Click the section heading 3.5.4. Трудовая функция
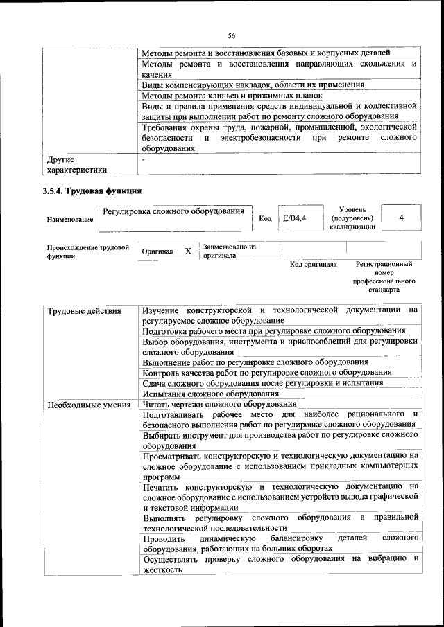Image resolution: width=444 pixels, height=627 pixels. click(93, 191)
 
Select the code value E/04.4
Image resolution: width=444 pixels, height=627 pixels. click(294, 218)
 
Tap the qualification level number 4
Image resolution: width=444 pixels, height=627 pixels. click(401, 218)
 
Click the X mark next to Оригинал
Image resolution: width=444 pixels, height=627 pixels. click(188, 251)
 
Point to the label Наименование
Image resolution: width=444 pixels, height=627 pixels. click(69, 220)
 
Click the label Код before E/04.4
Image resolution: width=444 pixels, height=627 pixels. click(265, 218)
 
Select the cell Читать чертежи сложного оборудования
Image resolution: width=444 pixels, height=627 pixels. click(219, 404)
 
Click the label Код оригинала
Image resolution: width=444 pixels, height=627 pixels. click(313, 265)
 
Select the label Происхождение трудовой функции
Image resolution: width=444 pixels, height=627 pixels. click(88, 251)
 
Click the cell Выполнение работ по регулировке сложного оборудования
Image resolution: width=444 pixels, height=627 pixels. click(255, 362)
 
